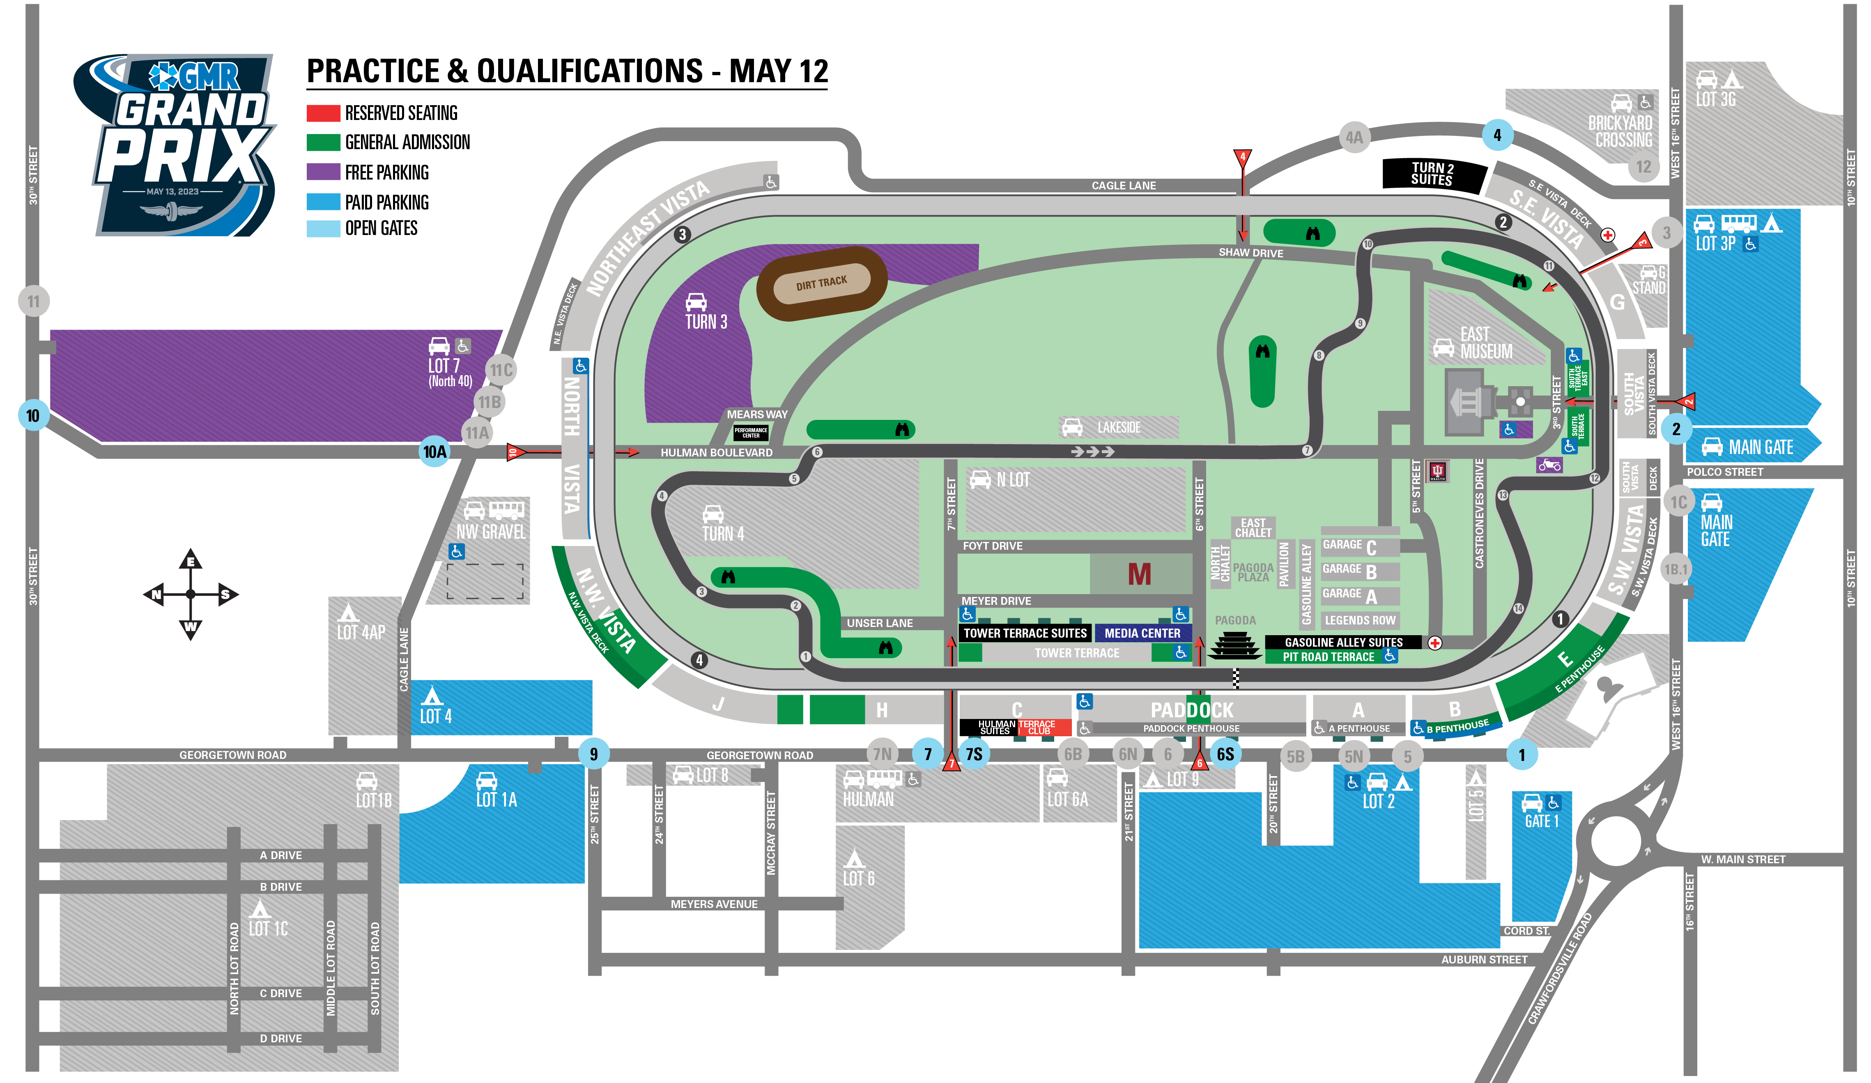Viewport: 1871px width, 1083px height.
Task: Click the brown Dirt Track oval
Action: click(x=821, y=283)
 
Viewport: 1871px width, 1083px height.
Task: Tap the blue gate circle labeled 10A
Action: click(x=434, y=451)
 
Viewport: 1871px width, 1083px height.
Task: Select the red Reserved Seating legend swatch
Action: click(x=323, y=113)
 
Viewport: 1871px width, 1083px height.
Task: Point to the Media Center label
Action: click(x=1142, y=633)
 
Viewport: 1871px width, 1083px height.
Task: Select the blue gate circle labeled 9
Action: click(x=593, y=754)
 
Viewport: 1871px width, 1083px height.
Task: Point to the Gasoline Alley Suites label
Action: click(x=1343, y=642)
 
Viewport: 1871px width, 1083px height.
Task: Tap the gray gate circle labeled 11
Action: click(x=33, y=301)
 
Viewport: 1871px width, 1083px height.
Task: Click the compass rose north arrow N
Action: click(x=156, y=594)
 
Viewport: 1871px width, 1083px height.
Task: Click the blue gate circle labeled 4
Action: click(x=1497, y=135)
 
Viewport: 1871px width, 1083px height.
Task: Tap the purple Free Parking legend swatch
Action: click(x=323, y=172)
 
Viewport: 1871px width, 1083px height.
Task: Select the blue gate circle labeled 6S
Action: click(x=1225, y=754)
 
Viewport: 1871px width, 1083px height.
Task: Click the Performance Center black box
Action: click(x=751, y=432)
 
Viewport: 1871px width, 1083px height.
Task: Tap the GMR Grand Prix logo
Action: click(x=178, y=145)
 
